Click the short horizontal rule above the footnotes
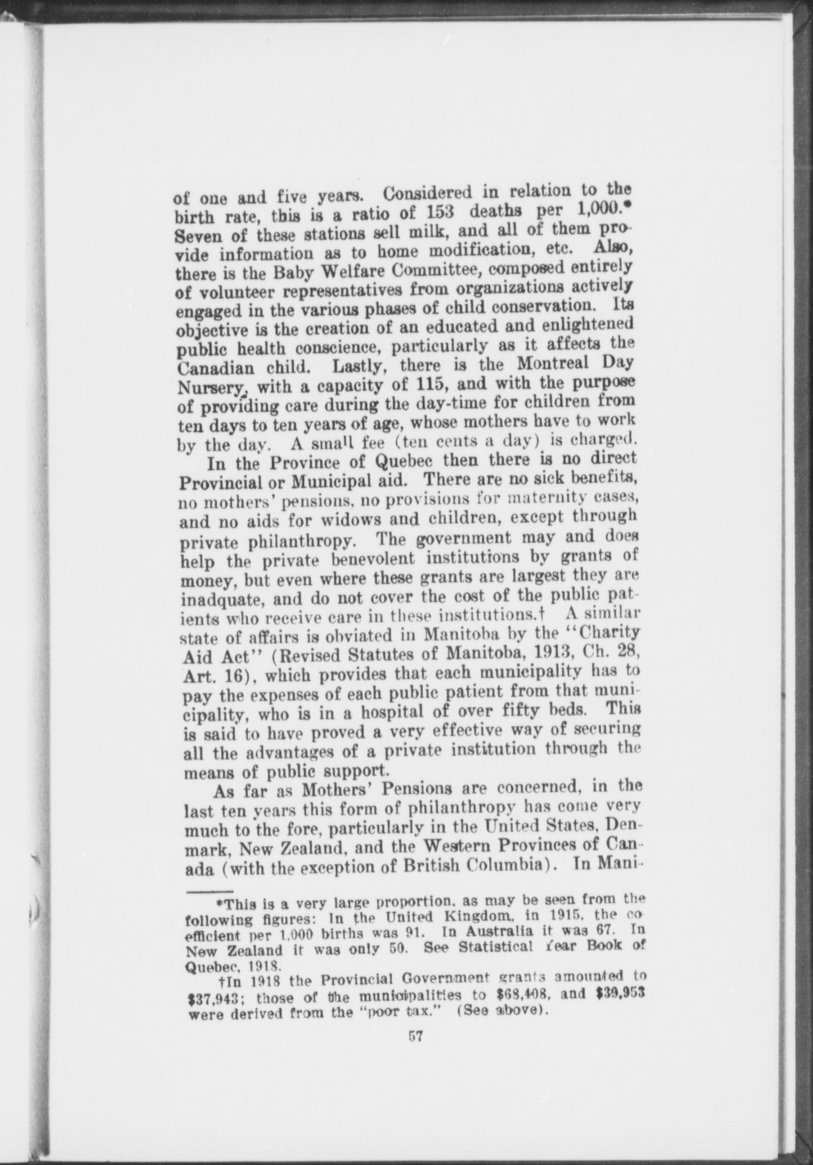[210, 892]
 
